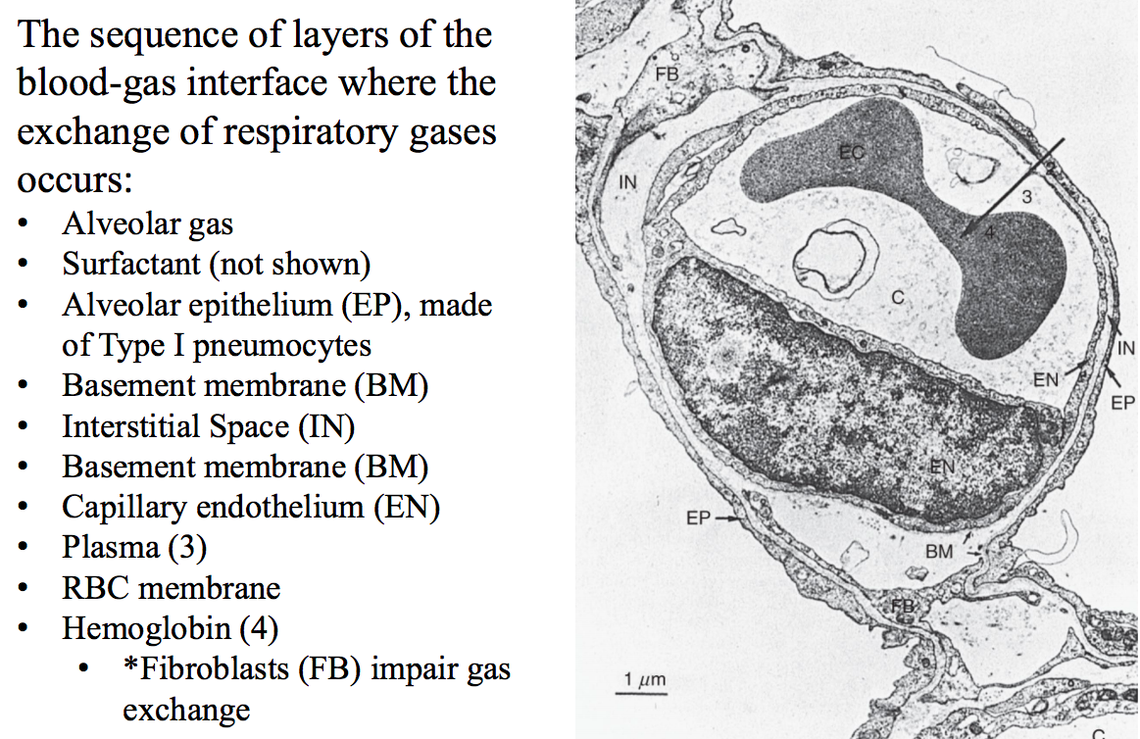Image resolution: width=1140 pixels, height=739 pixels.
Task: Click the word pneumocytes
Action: [x=265, y=345]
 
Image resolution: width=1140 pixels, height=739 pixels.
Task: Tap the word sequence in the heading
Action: [x=168, y=36]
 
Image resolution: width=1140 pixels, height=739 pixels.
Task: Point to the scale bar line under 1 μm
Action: [x=640, y=693]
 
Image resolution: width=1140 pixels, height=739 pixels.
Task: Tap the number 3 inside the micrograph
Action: [x=1026, y=197]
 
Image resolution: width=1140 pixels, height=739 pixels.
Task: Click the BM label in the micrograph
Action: [x=938, y=552]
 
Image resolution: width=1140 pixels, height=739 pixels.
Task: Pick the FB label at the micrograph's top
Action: [x=667, y=74]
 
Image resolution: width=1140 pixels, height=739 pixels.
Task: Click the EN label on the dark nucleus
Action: [x=941, y=468]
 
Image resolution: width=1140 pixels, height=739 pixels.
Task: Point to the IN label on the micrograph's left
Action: [x=627, y=182]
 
